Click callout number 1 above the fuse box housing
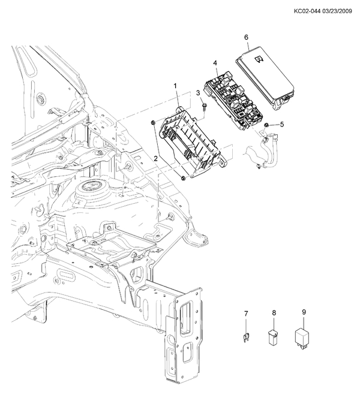[x=175, y=86]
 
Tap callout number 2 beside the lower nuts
[x=155, y=159]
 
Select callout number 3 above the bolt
[x=198, y=93]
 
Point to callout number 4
[x=215, y=63]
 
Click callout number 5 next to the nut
[x=282, y=124]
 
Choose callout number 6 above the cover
[x=246, y=37]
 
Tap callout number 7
[x=246, y=314]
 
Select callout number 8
[x=274, y=313]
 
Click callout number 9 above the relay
[x=304, y=312]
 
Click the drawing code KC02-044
[x=307, y=11]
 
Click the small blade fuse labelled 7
[x=245, y=339]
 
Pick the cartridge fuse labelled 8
[x=273, y=338]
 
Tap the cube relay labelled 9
[x=302, y=339]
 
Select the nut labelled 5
[x=266, y=126]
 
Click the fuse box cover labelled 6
[x=265, y=78]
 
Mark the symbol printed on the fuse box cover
[x=259, y=60]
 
